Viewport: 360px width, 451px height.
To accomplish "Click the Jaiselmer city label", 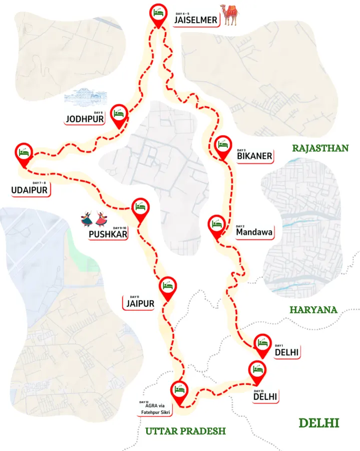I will pyautogui.click(x=195, y=20).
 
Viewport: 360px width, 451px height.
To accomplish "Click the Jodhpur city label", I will pyautogui.click(x=85, y=119).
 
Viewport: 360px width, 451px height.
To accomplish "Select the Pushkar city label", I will pyautogui.click(x=108, y=234).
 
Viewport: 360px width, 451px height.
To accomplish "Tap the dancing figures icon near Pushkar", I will pyautogui.click(x=94, y=218).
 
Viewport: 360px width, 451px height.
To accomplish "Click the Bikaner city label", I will pyautogui.click(x=254, y=156).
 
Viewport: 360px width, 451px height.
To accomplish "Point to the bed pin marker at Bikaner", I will pyautogui.click(x=223, y=145).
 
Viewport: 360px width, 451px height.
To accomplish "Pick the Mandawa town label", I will pyautogui.click(x=254, y=233).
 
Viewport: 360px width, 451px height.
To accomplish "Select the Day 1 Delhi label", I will pyautogui.click(x=286, y=352).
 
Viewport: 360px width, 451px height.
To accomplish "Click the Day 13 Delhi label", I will pyautogui.click(x=265, y=396).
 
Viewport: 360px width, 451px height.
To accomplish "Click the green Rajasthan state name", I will pyautogui.click(x=320, y=148).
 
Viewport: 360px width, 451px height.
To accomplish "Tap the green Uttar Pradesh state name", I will pyautogui.click(x=185, y=431).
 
